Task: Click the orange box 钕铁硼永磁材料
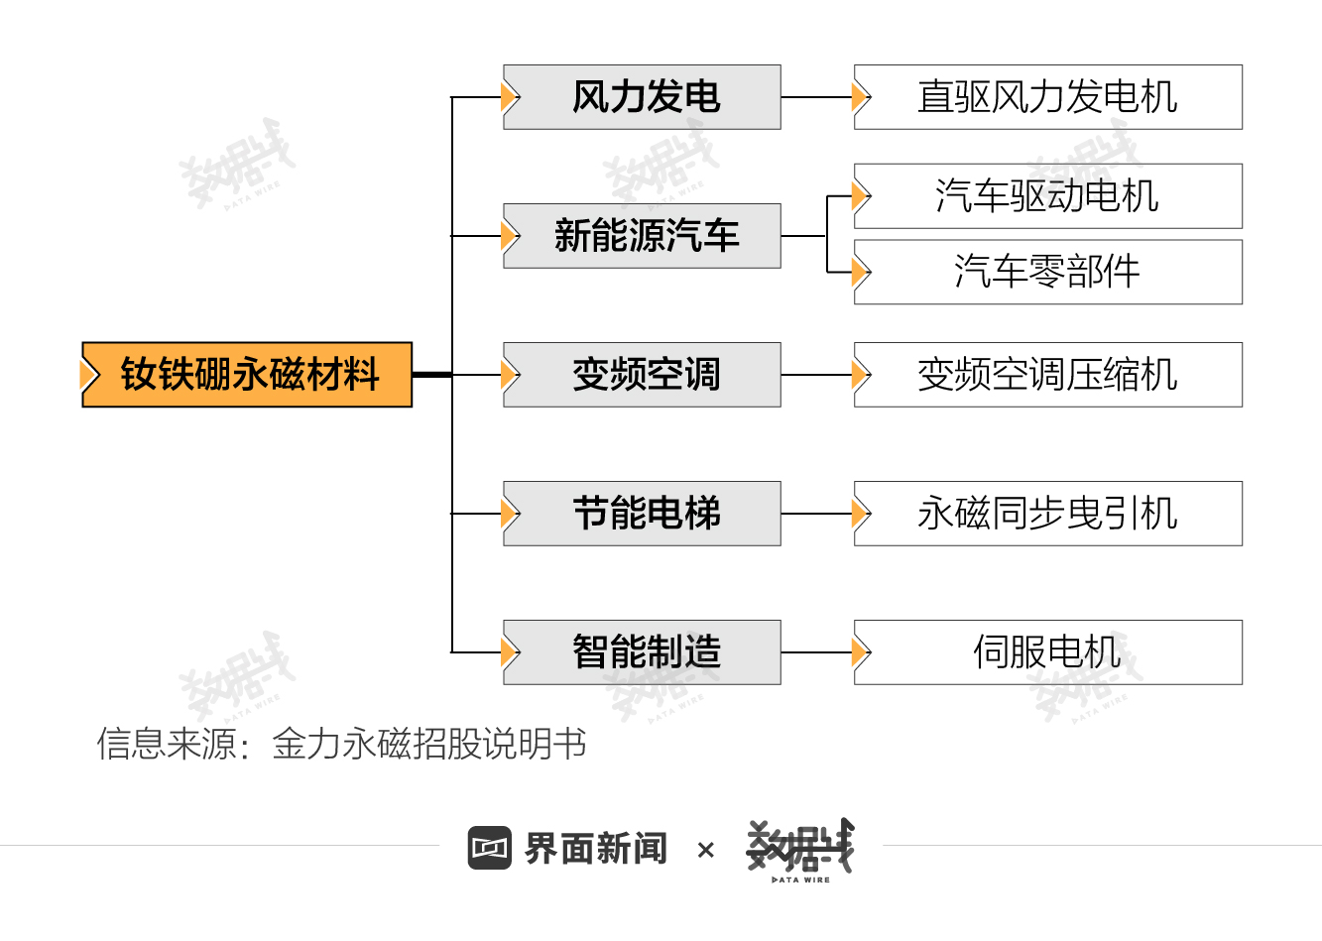(x=248, y=375)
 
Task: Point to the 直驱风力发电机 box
(x=1047, y=97)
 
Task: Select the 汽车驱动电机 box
(x=1047, y=196)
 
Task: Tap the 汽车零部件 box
(x=1047, y=272)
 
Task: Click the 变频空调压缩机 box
(x=1047, y=375)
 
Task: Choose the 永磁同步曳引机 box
(x=1047, y=514)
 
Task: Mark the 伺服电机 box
(x=1047, y=652)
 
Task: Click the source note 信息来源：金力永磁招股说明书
(x=341, y=744)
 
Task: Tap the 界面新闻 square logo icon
(x=490, y=848)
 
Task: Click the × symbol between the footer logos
(x=706, y=850)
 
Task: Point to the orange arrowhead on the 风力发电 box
(x=511, y=97)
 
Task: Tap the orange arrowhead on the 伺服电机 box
(x=861, y=652)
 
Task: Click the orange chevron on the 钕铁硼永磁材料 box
(x=90, y=375)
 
